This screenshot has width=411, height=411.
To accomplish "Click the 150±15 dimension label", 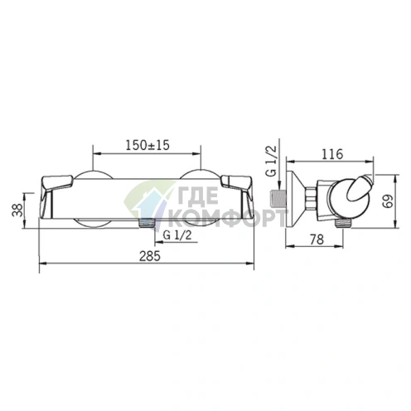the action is pos(147,145).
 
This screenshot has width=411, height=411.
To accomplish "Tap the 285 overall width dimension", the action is pos(149,256).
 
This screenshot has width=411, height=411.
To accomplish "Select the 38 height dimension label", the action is pos(17,210).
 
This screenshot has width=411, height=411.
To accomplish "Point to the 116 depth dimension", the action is pos(332,154).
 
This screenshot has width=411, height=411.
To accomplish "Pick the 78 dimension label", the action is pos(317,239).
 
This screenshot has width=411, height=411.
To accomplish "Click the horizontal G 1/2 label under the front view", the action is pos(176,235).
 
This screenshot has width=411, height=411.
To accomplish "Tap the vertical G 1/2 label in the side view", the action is pos(271,161).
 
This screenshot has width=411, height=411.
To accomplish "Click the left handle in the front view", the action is pos(56,196).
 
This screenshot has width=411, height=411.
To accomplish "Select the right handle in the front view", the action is pos(236,196).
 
